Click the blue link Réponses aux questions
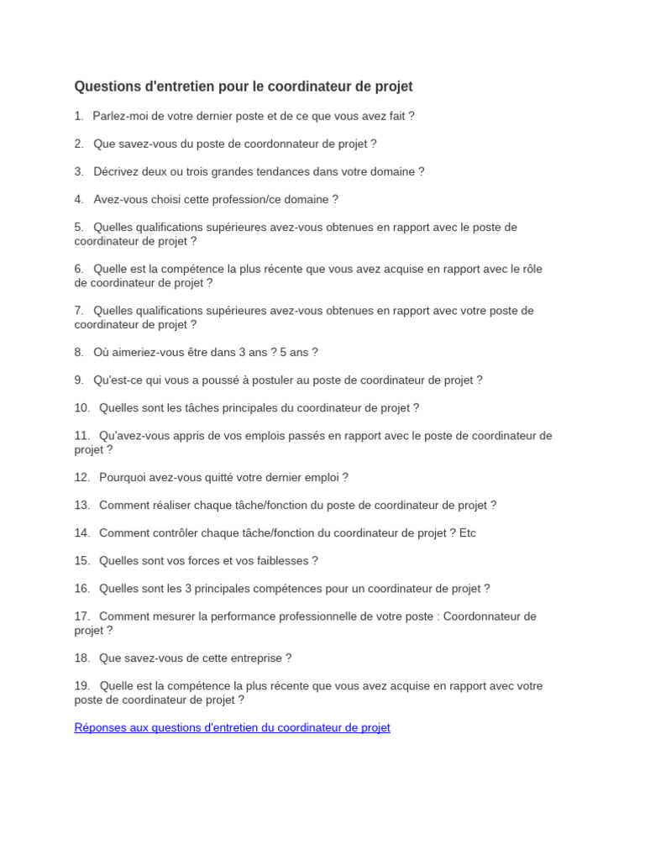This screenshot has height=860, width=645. tap(232, 727)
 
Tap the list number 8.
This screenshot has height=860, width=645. tap(79, 352)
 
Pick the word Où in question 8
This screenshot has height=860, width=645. tap(102, 352)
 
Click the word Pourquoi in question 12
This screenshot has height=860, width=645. tap(123, 477)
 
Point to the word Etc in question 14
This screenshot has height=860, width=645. tap(468, 532)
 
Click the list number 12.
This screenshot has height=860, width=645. tap(81, 477)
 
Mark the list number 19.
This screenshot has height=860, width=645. tap(81, 685)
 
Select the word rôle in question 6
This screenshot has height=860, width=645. tap(532, 269)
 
